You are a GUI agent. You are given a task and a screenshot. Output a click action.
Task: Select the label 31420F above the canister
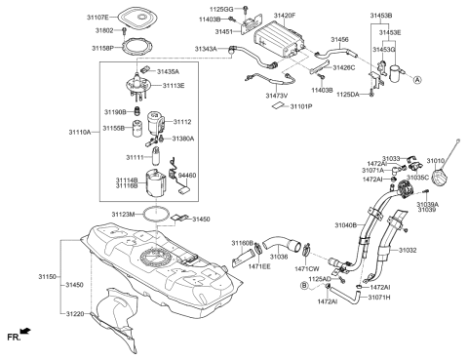pyautogui.click(x=285, y=17)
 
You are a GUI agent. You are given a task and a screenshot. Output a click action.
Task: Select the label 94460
pyautogui.click(x=186, y=176)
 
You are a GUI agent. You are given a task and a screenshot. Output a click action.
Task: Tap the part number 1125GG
pyautogui.click(x=222, y=9)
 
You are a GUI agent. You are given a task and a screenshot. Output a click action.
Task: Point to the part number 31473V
pyautogui.click(x=281, y=96)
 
